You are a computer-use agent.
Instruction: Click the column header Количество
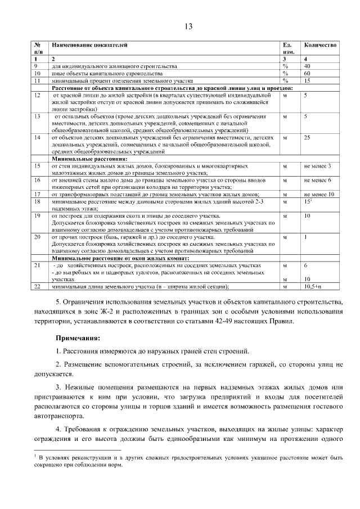coord(320,44)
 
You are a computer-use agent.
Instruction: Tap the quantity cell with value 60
coord(307,73)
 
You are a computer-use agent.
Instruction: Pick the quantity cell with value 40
coord(307,66)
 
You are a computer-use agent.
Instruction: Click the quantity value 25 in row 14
coord(307,137)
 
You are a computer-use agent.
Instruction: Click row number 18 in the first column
coord(38,201)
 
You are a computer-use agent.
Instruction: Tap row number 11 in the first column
coord(38,80)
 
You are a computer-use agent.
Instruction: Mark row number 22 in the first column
coord(38,286)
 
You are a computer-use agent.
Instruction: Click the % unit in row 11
coord(285,80)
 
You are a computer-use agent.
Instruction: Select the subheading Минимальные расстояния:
coord(82,159)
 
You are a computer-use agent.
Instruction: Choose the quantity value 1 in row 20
coord(305,237)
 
